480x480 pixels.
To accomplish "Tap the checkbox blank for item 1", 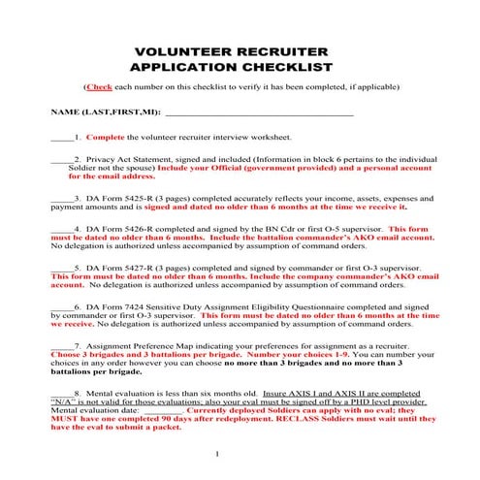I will pos(61,139).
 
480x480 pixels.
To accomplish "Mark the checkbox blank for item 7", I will pos(61,346).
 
